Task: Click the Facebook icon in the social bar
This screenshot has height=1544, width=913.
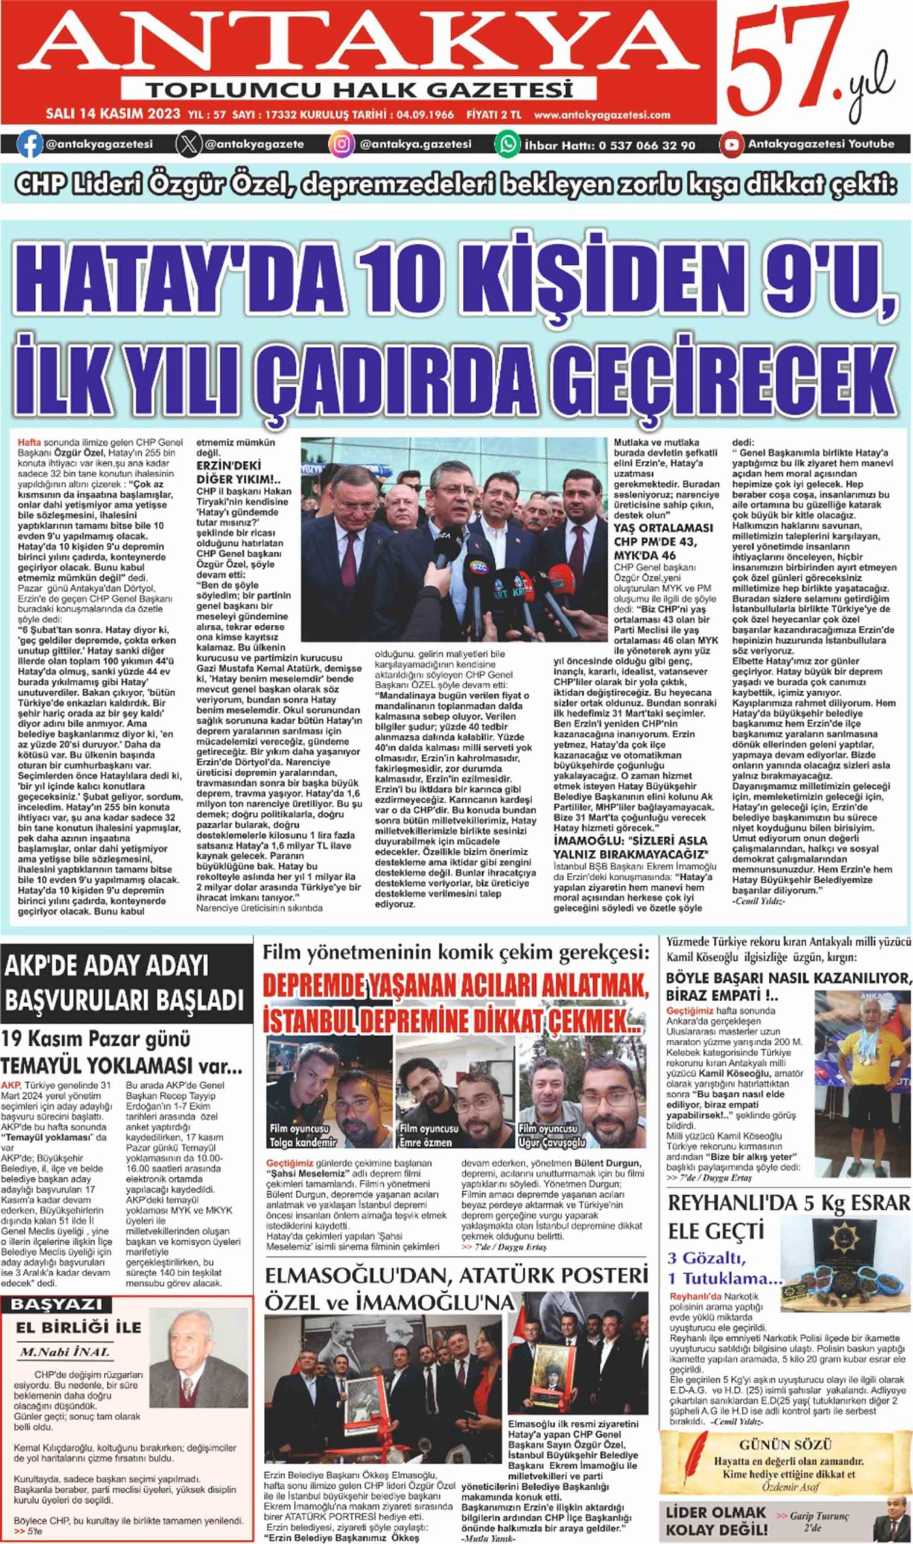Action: click(x=30, y=145)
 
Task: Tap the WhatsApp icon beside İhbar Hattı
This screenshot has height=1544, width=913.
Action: click(x=509, y=145)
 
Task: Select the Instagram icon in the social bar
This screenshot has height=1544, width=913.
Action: click(x=342, y=145)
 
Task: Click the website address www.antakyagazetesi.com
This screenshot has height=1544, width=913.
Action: click(x=602, y=115)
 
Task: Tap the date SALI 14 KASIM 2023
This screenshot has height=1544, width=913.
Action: click(x=113, y=115)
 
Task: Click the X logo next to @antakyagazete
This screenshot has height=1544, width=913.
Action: click(x=188, y=145)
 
